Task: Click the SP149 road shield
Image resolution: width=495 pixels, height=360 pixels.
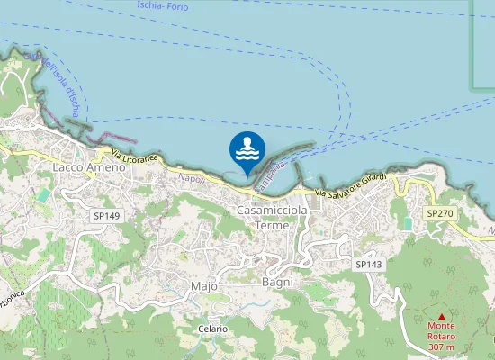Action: (x=105, y=216)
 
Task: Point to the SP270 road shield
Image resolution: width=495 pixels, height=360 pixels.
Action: (x=441, y=213)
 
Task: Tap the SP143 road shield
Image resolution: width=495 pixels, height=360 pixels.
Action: (x=369, y=264)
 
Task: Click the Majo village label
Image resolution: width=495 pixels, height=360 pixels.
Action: (x=204, y=285)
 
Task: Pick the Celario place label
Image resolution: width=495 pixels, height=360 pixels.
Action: (x=213, y=329)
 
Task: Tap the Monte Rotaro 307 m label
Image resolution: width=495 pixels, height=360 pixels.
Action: (x=441, y=337)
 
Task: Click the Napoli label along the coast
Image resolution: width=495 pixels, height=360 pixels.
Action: (x=192, y=179)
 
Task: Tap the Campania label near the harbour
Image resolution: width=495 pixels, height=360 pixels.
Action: (x=271, y=176)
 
